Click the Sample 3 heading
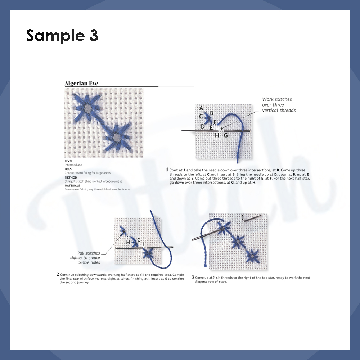point(62,36)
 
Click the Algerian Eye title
point(81,83)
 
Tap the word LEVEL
point(69,161)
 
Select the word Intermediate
point(73,165)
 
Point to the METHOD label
point(71,177)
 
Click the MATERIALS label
point(72,185)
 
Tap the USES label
point(68,169)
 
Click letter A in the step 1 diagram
point(201,108)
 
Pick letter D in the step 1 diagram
point(203,126)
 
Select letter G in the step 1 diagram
point(226,135)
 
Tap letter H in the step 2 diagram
point(128,242)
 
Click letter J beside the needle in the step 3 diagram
point(243,217)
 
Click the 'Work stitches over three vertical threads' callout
point(279,105)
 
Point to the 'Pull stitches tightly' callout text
point(85,258)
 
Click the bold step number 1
point(167,170)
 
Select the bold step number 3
point(193,277)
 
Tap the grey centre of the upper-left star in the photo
point(87,108)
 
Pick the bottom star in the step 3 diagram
point(252,256)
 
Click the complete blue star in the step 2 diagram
point(148,254)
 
